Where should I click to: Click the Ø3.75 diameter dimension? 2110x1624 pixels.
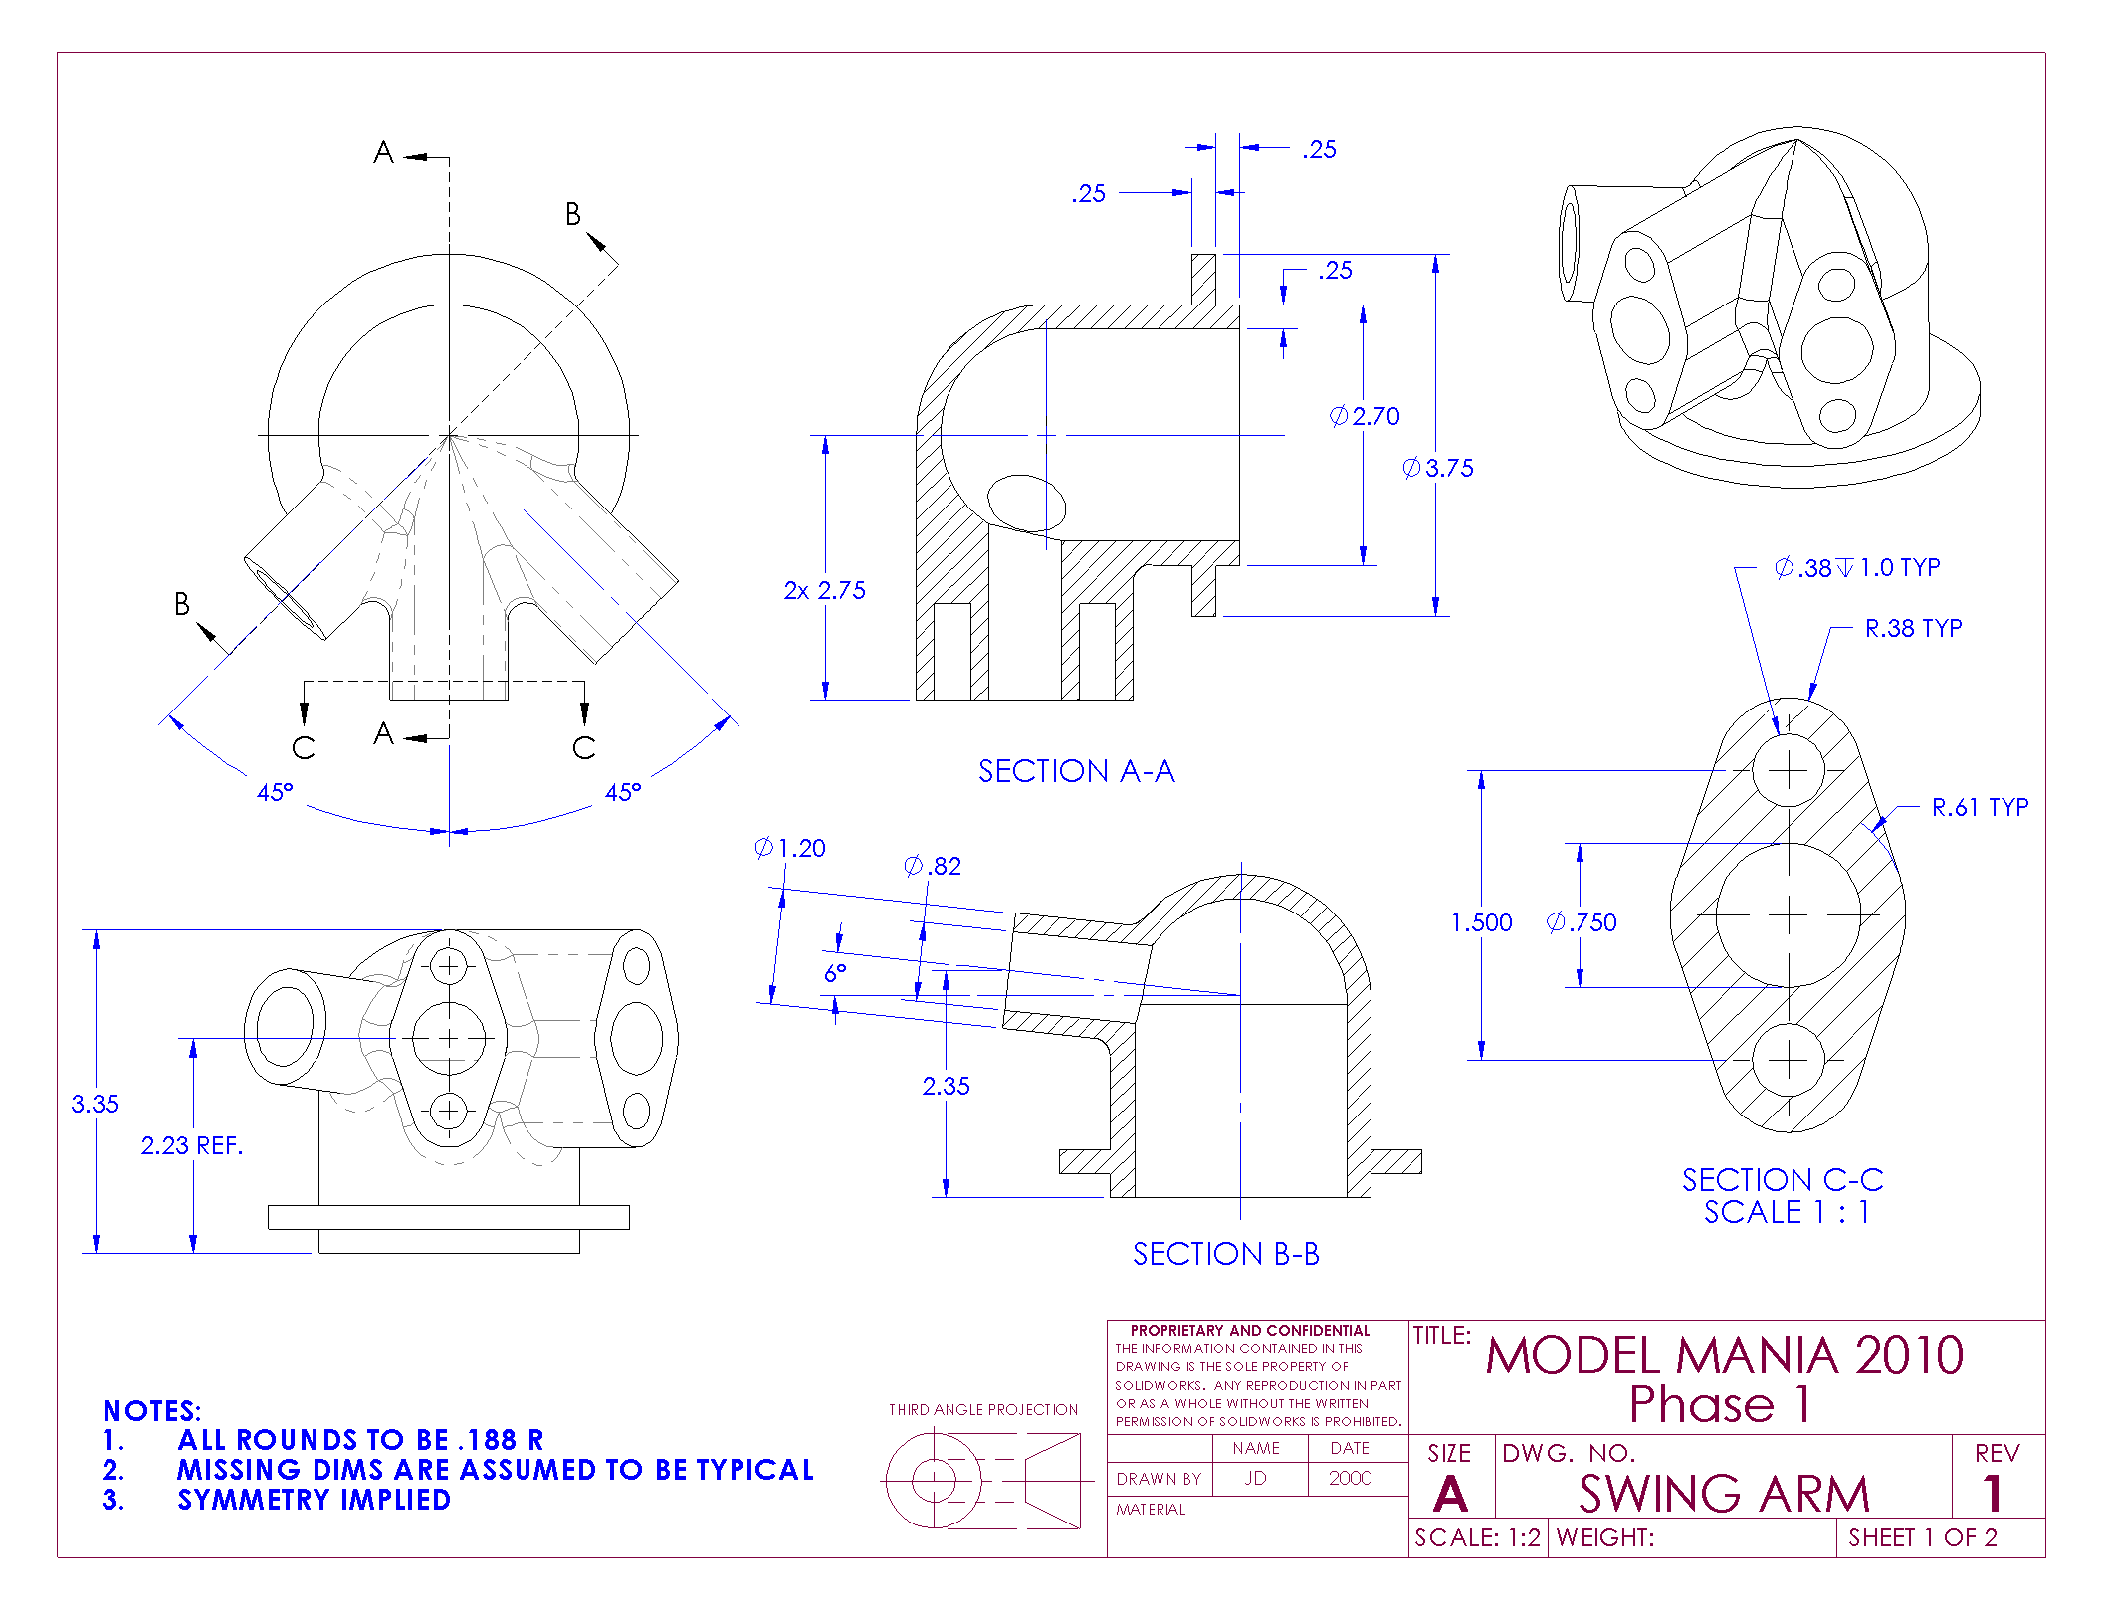tap(1438, 468)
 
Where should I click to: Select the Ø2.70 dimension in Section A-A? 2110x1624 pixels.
tap(1365, 416)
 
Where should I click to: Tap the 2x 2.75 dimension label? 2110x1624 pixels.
tap(824, 590)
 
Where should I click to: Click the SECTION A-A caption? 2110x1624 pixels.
tap(1076, 771)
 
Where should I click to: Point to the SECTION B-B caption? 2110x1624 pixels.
tap(1225, 1254)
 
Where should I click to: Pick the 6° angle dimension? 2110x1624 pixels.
tap(834, 972)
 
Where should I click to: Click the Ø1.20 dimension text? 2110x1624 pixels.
tap(790, 848)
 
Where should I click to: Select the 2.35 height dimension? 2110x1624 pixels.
tap(945, 1086)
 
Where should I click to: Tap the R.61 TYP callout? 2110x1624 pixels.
tap(1979, 807)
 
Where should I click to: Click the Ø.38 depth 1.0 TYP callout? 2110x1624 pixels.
tap(1856, 567)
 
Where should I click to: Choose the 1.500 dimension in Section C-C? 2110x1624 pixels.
tap(1481, 922)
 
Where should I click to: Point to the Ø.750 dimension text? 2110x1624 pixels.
tap(1582, 922)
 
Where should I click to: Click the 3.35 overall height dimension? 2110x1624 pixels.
tap(95, 1104)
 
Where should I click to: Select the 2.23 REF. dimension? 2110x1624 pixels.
tap(191, 1145)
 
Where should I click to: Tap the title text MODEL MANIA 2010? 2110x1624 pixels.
tap(1724, 1356)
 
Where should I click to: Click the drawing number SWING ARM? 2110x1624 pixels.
tap(1724, 1494)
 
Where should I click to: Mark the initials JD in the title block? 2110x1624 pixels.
tap(1255, 1478)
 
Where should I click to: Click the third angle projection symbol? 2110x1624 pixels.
tap(982, 1481)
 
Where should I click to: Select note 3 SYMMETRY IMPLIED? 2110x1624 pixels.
tap(314, 1500)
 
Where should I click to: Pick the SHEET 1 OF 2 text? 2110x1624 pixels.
tap(1922, 1537)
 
